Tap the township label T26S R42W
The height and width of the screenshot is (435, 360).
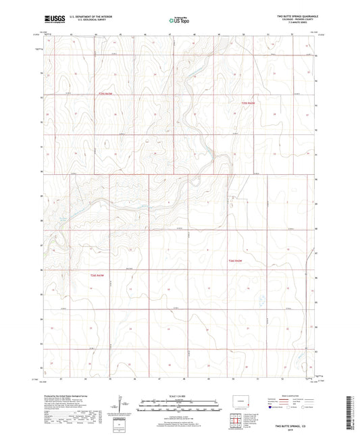point(234,259)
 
